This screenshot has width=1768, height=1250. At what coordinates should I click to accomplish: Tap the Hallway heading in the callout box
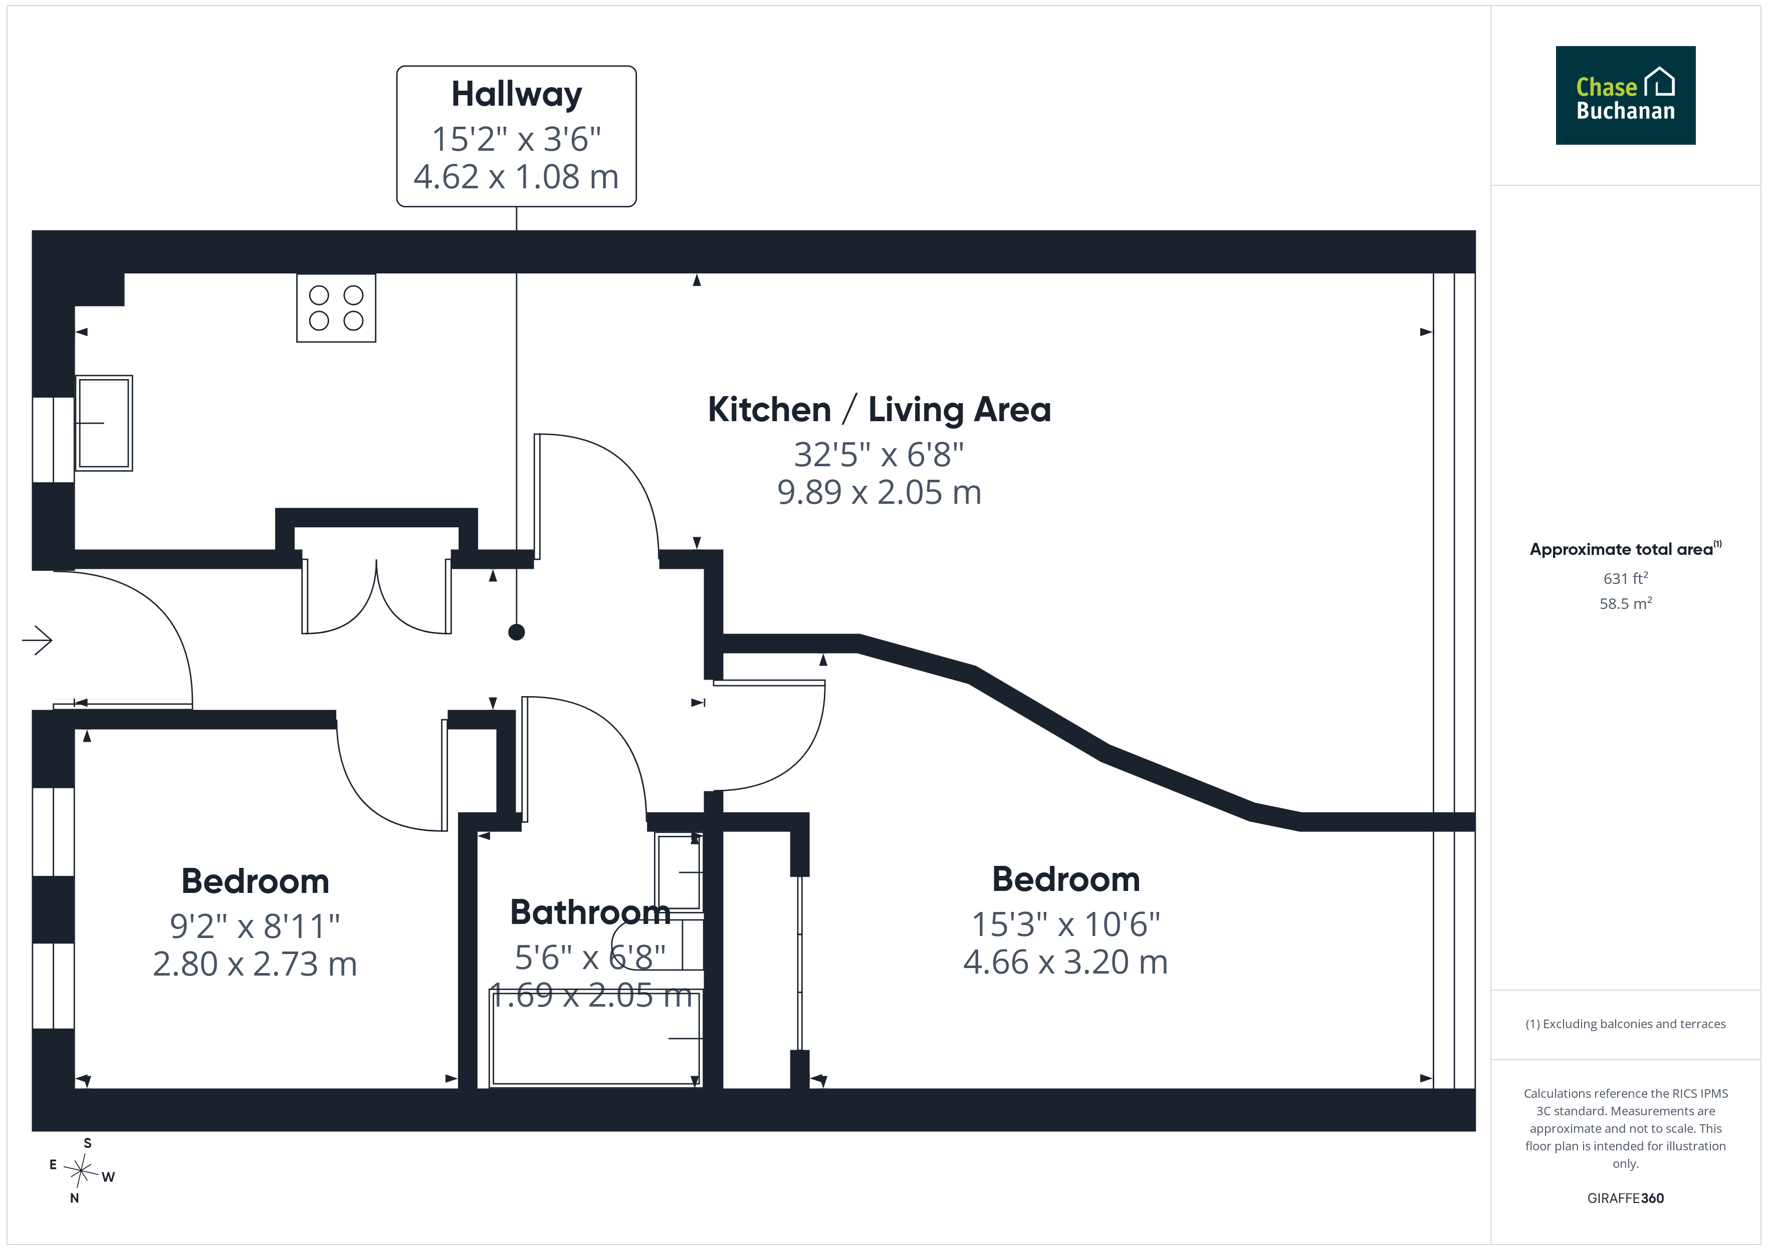coord(517,95)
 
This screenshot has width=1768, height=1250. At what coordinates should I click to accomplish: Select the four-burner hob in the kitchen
coord(336,308)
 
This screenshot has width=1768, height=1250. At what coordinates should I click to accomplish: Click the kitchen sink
coord(104,423)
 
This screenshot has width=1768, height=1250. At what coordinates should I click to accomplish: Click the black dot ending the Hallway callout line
coord(517,632)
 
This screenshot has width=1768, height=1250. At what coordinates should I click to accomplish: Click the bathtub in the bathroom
coord(595,1038)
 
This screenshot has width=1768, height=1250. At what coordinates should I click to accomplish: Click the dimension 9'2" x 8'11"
coord(255,926)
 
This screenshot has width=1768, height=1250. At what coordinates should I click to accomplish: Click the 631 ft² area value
coord(1626,578)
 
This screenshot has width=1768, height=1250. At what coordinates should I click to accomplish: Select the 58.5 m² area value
coord(1626,603)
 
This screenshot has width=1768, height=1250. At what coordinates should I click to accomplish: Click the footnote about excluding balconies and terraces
coord(1626,1024)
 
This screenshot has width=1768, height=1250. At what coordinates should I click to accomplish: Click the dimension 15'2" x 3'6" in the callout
coord(517,139)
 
